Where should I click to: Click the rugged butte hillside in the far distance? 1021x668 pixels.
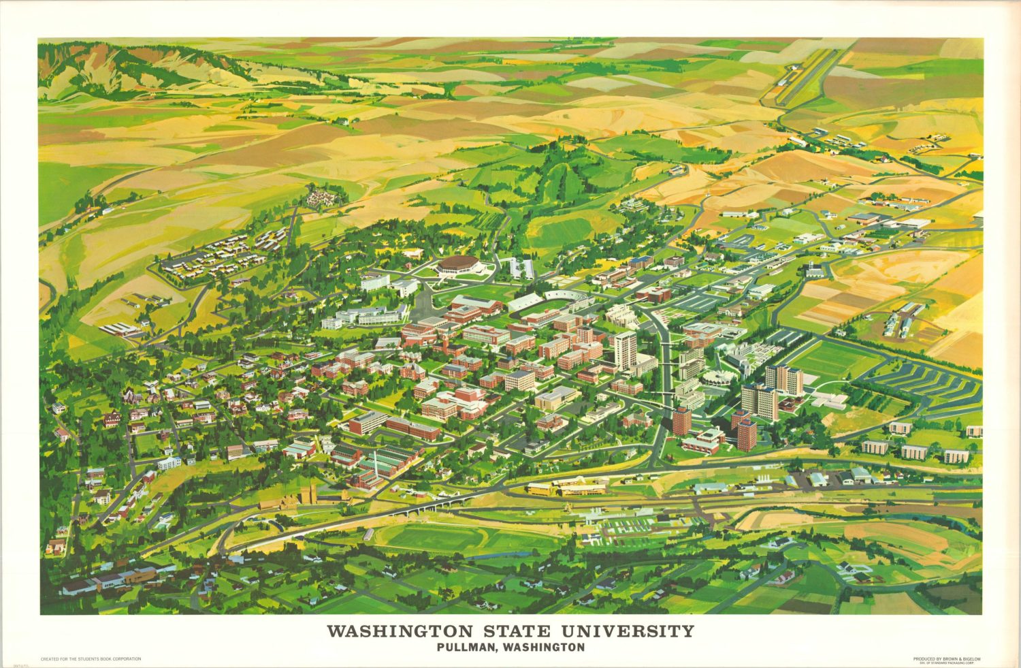[123, 68]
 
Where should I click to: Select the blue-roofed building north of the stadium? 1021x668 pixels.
[641, 261]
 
